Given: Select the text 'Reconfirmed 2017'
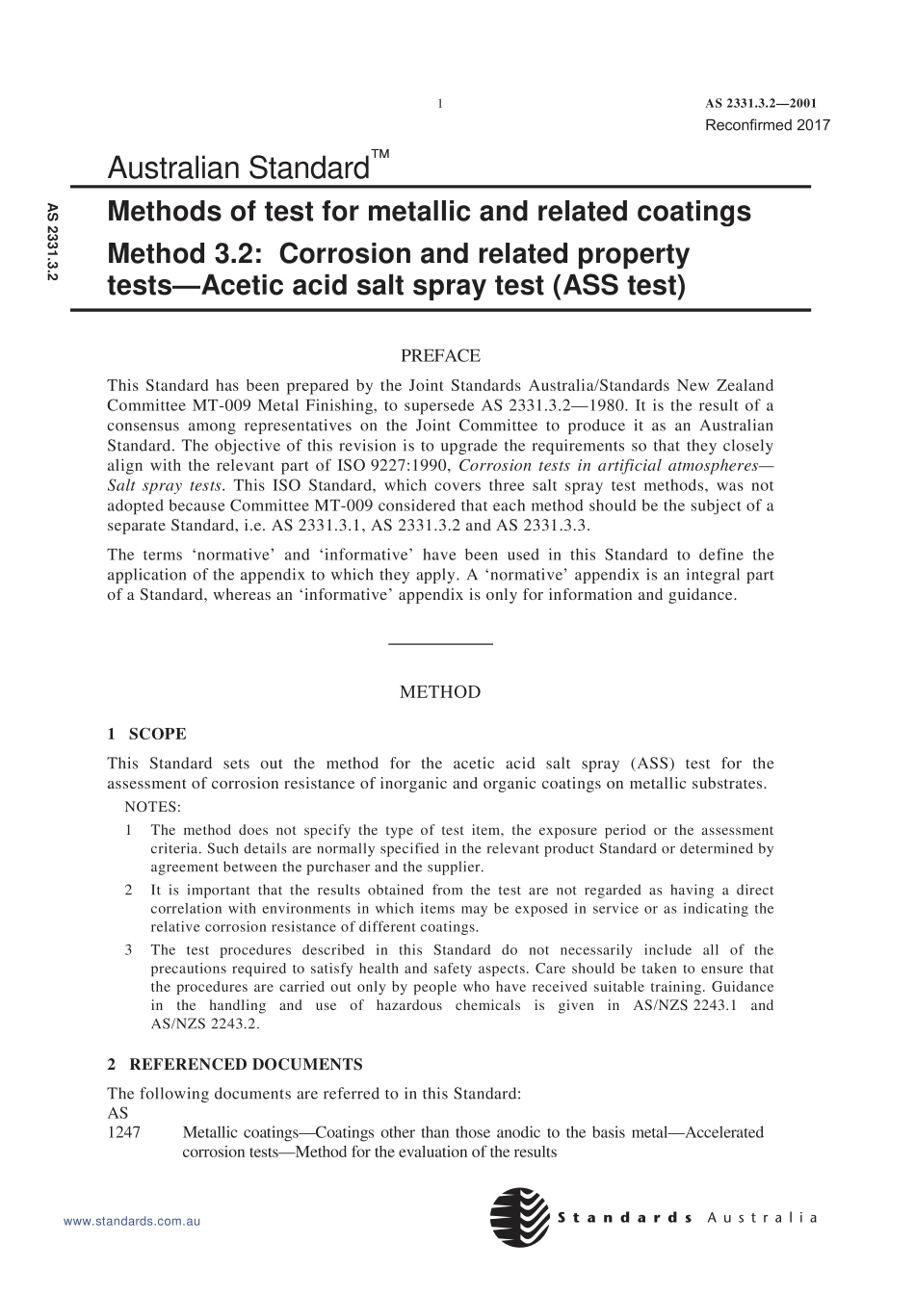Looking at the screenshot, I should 767,125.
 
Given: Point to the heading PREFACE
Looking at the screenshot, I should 440,356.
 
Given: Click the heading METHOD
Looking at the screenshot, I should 440,692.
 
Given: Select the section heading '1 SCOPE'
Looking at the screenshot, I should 146,734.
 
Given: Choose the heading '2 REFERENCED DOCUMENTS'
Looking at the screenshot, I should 235,1065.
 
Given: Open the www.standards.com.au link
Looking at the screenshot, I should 131,1221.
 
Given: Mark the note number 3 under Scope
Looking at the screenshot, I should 129,950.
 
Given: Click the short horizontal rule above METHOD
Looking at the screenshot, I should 440,643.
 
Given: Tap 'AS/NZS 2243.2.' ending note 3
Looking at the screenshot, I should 205,1023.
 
